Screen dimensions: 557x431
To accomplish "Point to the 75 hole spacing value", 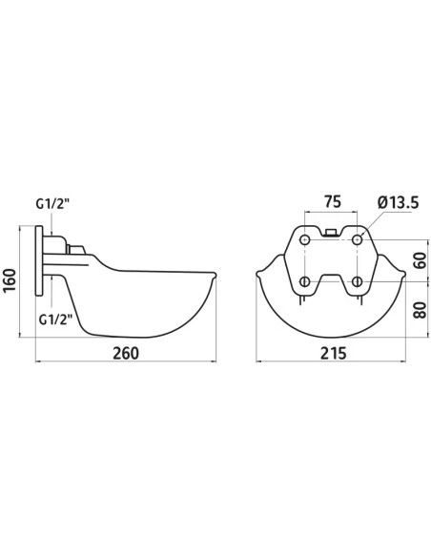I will pyautogui.click(x=331, y=202).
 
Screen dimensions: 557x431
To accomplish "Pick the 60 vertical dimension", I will pyautogui.click(x=418, y=259).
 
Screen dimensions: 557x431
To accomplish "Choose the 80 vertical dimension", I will pyautogui.click(x=418, y=310).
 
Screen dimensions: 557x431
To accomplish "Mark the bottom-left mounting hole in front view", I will pyautogui.click(x=303, y=281).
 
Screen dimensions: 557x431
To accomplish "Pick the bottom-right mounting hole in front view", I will pyautogui.click(x=357, y=281).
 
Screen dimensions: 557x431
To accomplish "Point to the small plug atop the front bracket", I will pyautogui.click(x=330, y=230).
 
